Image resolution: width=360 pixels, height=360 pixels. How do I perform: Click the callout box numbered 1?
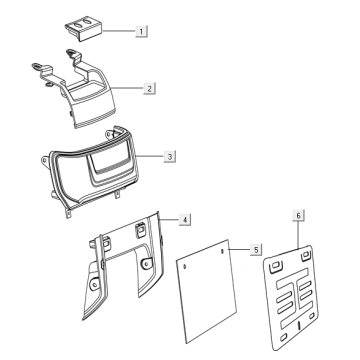pyautogui.click(x=141, y=32)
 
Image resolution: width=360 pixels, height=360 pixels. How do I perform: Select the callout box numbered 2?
pyautogui.click(x=149, y=89)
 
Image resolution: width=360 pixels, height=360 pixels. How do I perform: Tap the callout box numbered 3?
pyautogui.click(x=170, y=156)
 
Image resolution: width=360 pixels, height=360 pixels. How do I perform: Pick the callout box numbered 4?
pyautogui.click(x=185, y=220)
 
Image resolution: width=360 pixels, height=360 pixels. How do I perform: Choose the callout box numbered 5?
pyautogui.click(x=256, y=250)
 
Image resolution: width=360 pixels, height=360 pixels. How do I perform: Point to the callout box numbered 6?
pyautogui.click(x=298, y=216)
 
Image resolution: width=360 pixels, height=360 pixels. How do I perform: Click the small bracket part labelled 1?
pyautogui.click(x=83, y=28)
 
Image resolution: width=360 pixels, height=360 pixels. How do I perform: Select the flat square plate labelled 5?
pyautogui.click(x=207, y=291)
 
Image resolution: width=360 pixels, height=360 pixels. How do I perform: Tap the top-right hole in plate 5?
pyautogui.click(x=223, y=251)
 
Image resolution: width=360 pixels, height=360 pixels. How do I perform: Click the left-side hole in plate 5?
pyautogui.click(x=185, y=266)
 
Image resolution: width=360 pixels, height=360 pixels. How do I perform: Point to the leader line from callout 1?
pyautogui.click(x=119, y=31)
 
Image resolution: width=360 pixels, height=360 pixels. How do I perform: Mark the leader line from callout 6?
pyautogui.click(x=298, y=235)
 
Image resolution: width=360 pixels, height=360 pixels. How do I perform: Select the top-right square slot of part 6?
pyautogui.click(x=306, y=256)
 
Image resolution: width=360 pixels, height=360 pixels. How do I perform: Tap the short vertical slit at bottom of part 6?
pyautogui.click(x=299, y=325)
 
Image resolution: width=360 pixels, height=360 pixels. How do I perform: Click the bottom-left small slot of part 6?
pyautogui.click(x=283, y=337)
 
